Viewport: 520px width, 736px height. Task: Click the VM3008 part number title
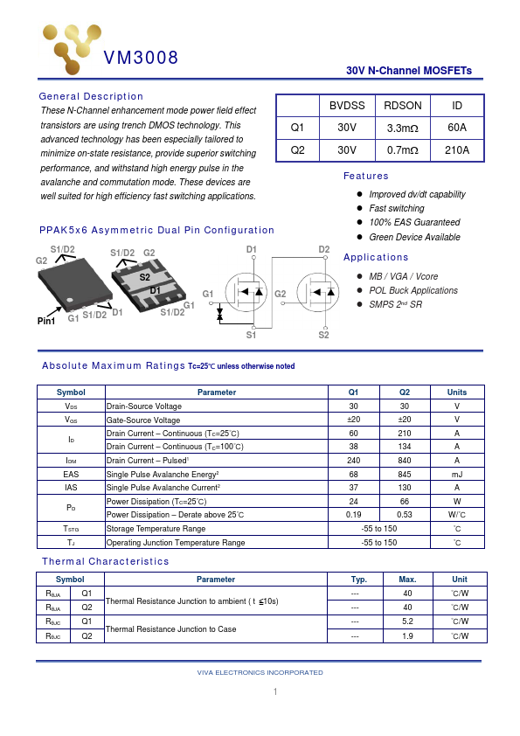tap(141, 59)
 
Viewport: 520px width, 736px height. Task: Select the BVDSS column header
tap(347, 105)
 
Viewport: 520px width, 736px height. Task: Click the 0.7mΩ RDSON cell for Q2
tap(402, 150)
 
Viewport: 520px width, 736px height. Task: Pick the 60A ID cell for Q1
tap(456, 128)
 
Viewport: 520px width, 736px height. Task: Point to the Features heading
tap(366, 176)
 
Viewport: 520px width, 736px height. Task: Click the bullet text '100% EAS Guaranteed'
tap(414, 223)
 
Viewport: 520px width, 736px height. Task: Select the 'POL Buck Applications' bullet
tap(413, 290)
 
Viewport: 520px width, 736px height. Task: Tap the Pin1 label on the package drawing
tap(46, 322)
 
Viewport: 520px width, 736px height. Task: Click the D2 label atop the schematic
tap(323, 250)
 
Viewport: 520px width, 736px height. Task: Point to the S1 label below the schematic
tap(251, 335)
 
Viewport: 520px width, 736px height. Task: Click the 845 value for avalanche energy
tap(404, 474)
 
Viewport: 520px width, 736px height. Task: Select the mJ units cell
tap(456, 474)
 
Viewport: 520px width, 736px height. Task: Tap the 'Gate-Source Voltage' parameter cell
tap(143, 420)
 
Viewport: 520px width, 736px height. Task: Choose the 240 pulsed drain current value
tap(353, 460)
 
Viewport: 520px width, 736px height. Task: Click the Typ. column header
tap(358, 580)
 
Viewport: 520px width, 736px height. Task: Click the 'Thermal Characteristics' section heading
tap(106, 561)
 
